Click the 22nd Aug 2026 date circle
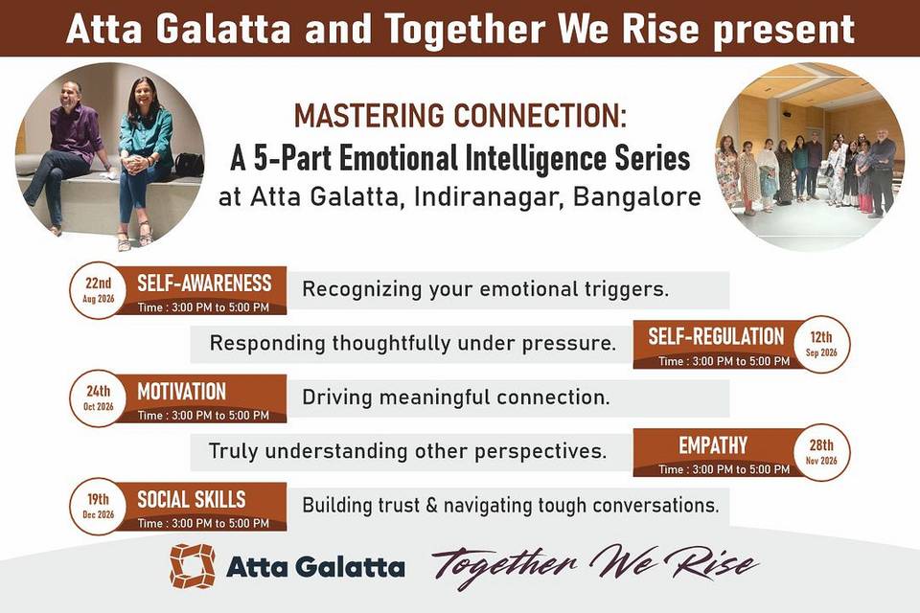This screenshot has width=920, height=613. (x=98, y=290)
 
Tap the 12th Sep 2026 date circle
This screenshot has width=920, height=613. (x=821, y=345)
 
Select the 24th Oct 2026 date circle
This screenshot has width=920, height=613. (x=98, y=398)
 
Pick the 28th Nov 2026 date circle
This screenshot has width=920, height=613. (x=821, y=452)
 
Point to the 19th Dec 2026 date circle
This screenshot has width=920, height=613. (x=98, y=507)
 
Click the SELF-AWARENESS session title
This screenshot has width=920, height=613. (x=204, y=284)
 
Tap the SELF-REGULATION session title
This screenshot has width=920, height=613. (x=716, y=337)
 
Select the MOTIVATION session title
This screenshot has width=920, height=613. (x=181, y=391)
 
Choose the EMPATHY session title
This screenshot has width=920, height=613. (x=713, y=445)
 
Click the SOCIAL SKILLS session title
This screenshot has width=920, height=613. (x=192, y=499)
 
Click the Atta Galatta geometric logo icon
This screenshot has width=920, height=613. (x=193, y=566)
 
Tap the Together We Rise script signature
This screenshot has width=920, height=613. (x=595, y=565)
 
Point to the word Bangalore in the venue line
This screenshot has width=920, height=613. (x=636, y=196)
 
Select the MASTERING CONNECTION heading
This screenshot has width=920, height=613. (x=460, y=115)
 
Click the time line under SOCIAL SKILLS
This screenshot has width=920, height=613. (x=203, y=523)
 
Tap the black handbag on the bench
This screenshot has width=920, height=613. (x=189, y=164)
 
